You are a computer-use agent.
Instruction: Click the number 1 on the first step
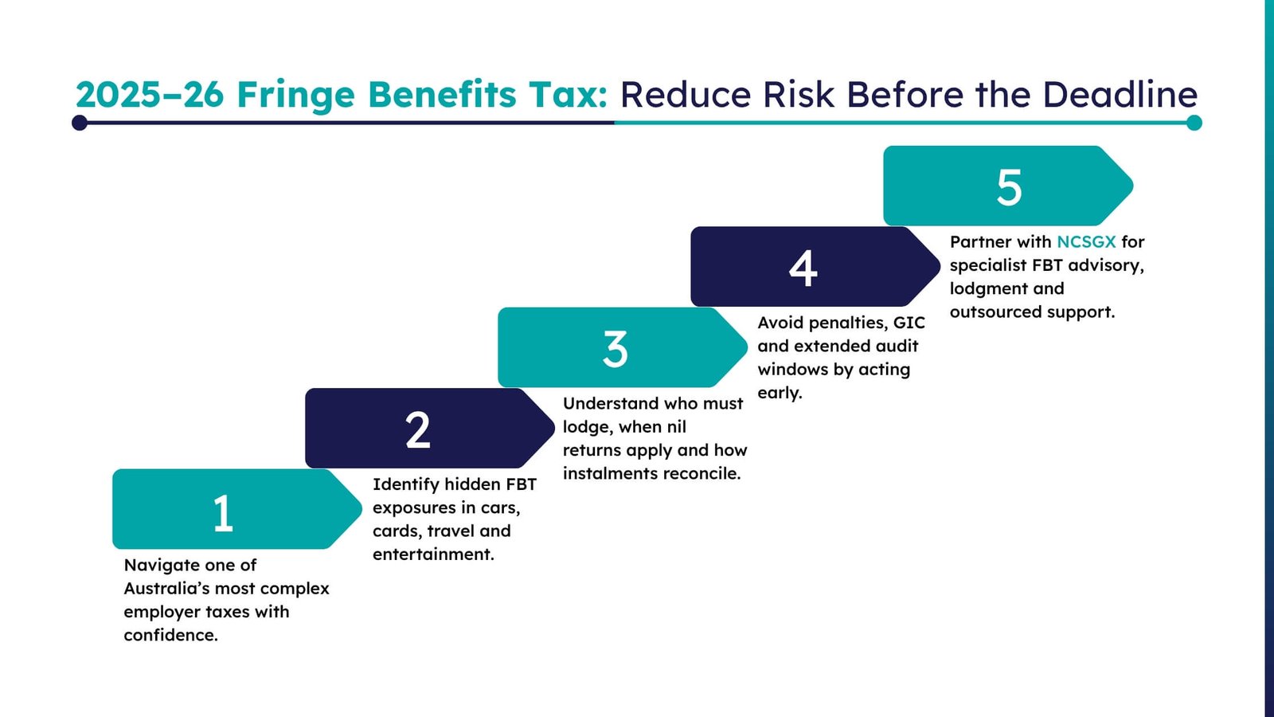pyautogui.click(x=223, y=513)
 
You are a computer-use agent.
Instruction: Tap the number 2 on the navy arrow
pyautogui.click(x=418, y=431)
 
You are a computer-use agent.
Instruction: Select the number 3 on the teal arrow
pyautogui.click(x=615, y=350)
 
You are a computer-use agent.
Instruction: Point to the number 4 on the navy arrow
pyautogui.click(x=803, y=268)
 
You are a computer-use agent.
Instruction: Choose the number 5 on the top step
pyautogui.click(x=1009, y=188)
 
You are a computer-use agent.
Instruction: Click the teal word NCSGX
pyautogui.click(x=1086, y=241)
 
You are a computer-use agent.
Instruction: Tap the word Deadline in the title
pyautogui.click(x=1120, y=95)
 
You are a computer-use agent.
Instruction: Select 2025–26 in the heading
pyautogui.click(x=150, y=95)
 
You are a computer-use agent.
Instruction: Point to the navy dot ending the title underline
pyautogui.click(x=80, y=123)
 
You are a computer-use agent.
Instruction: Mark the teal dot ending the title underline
pyautogui.click(x=1194, y=123)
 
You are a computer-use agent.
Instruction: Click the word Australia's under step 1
pyautogui.click(x=172, y=589)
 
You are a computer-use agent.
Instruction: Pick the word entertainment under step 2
pyautogui.click(x=433, y=554)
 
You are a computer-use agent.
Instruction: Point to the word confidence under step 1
pyautogui.click(x=170, y=636)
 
